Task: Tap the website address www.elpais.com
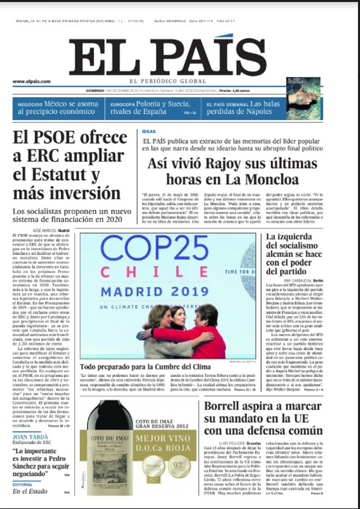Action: [x=31, y=81]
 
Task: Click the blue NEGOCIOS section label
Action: [x=29, y=104]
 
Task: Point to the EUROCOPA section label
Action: [x=122, y=104]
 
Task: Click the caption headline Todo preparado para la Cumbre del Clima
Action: [x=145, y=366]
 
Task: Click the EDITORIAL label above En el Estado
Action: [x=23, y=484]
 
